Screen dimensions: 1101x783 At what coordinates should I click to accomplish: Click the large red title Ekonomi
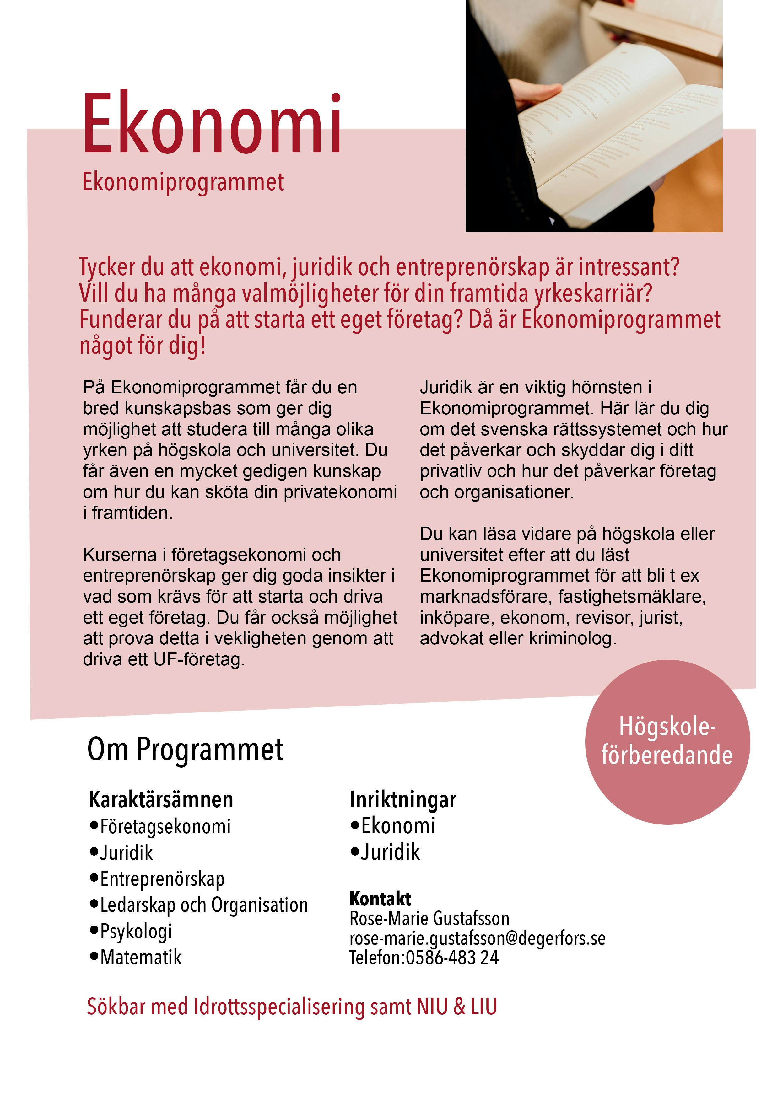212,124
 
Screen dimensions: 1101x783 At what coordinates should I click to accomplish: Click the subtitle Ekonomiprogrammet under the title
183,183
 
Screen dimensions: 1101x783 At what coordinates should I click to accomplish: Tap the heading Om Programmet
185,749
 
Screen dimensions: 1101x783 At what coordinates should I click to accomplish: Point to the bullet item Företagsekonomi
165,826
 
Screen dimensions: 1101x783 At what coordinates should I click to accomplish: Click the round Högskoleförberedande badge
667,742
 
